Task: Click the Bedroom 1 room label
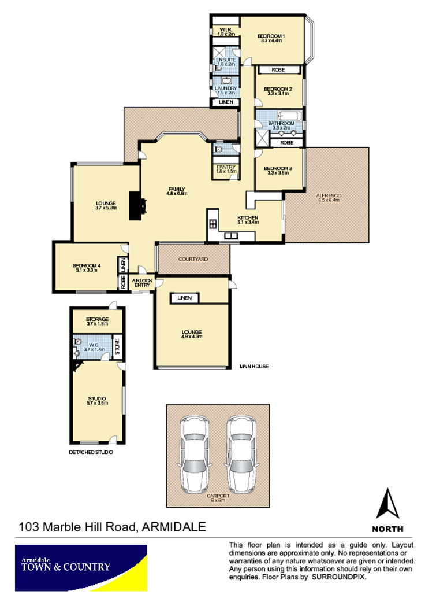[271, 38]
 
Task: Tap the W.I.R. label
[226, 31]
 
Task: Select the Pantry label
[226, 169]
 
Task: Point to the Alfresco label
[329, 197]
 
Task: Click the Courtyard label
[193, 259]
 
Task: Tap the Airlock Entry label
[142, 283]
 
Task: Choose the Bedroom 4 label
[87, 268]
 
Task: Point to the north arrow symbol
[388, 504]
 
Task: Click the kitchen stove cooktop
[213, 224]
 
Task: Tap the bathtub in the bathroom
[290, 116]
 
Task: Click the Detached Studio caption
[91, 452]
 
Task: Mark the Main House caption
[254, 366]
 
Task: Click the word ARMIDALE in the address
[174, 526]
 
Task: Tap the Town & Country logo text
[65, 566]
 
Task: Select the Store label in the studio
[117, 347]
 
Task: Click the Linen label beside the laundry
[226, 102]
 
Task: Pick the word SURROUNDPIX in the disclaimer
[338, 577]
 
